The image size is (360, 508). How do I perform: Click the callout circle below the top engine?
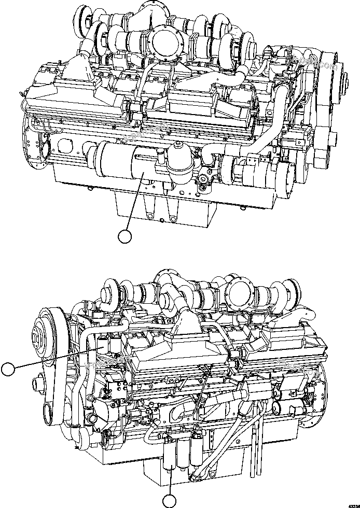click(124, 237)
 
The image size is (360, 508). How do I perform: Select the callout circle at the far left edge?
click(7, 370)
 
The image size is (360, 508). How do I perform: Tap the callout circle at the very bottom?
click(170, 501)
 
